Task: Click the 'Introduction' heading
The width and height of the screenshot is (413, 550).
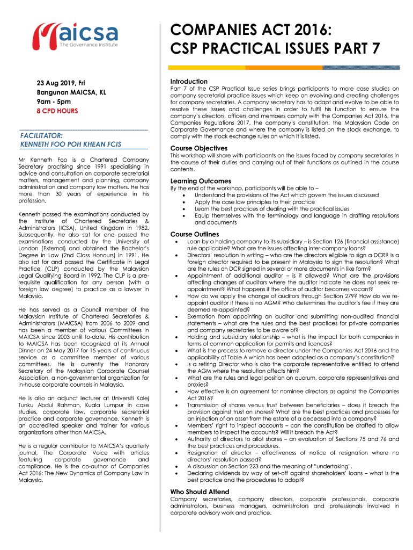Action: [189, 81]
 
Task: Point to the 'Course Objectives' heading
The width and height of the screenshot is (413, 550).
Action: [198, 148]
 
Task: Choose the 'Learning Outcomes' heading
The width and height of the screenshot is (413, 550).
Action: [201, 181]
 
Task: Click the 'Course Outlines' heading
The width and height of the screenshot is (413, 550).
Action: [194, 235]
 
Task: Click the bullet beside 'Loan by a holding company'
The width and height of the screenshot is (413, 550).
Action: [178, 242]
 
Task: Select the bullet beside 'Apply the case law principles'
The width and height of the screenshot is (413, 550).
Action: [185, 202]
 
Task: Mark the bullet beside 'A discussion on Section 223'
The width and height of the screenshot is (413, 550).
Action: [178, 467]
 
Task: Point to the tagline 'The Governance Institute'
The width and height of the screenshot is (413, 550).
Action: [88, 45]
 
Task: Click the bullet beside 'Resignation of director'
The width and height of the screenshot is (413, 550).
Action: [178, 453]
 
